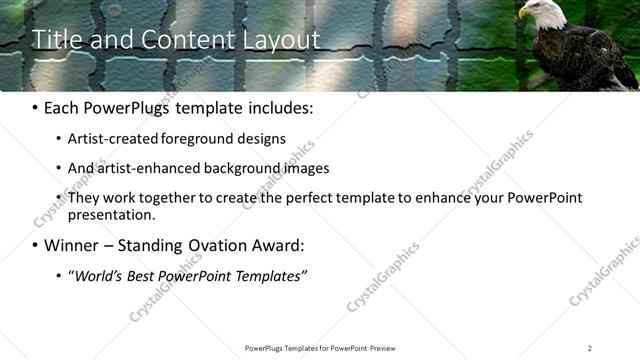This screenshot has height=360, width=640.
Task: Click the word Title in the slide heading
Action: pos(57,40)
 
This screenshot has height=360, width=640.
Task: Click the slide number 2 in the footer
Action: pos(589,348)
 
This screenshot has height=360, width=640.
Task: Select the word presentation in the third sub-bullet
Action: pos(111,214)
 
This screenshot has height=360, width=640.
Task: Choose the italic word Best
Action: pos(145,275)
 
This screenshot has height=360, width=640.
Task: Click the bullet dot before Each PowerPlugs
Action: pos(36,108)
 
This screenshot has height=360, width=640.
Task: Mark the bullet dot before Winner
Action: pos(36,245)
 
